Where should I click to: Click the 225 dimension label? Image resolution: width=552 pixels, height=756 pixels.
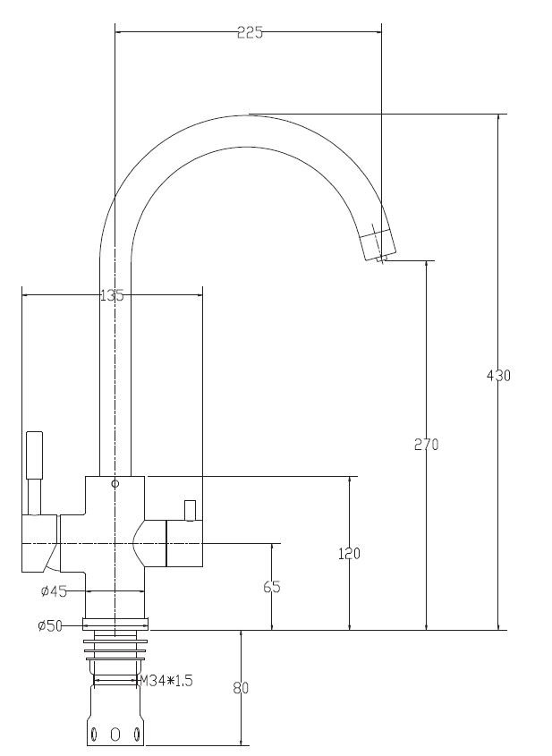coord(251,33)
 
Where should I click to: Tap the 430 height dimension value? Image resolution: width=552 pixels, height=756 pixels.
coord(498,376)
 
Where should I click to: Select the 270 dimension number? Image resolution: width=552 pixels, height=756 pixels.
coord(426,445)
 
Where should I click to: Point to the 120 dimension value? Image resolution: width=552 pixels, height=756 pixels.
coord(349,554)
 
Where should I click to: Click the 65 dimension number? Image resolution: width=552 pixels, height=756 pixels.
coord(272,587)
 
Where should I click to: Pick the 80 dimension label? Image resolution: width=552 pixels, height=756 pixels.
coord(241,688)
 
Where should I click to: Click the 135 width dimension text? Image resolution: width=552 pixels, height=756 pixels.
coord(112,295)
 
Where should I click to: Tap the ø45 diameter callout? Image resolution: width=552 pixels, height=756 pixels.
coord(54,591)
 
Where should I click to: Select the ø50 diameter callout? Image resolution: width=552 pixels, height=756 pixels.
coord(50,625)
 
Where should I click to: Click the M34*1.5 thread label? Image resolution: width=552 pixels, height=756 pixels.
coord(166,681)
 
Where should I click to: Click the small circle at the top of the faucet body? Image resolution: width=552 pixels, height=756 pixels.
coord(115,484)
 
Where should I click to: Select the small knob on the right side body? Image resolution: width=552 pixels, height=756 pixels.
coord(190,511)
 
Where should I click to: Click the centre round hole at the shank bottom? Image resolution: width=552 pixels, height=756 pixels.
coord(115,735)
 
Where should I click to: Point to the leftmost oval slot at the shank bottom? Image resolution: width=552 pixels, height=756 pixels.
coord(94,735)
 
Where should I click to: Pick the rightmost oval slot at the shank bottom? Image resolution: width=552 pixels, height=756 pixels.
coord(137,735)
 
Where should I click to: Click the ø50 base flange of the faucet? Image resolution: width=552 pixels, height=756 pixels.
coord(115,624)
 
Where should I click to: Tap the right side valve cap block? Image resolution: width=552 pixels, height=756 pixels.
coord(184,543)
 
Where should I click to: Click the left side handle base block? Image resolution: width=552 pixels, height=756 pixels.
coord(39,543)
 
